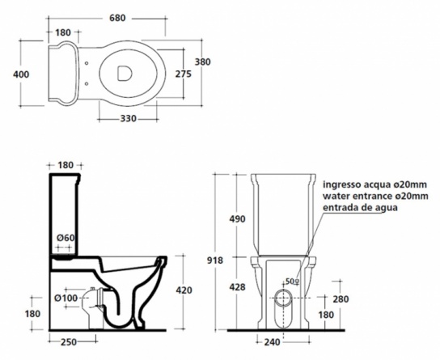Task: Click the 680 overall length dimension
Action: pyautogui.click(x=117, y=18)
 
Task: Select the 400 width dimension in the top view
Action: pyautogui.click(x=21, y=74)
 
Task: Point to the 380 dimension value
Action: pyautogui.click(x=202, y=61)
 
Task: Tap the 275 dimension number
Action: pyautogui.click(x=184, y=74)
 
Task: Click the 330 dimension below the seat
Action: pyautogui.click(x=129, y=119)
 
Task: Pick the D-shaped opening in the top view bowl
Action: pyautogui.click(x=124, y=74)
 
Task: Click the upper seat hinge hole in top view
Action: pyautogui.click(x=87, y=63)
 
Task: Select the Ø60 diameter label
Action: pyautogui.click(x=66, y=238)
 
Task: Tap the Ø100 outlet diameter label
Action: pyautogui.click(x=66, y=298)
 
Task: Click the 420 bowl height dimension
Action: pyautogui.click(x=184, y=290)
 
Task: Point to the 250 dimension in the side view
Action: pyautogui.click(x=69, y=341)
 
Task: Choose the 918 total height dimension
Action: pyautogui.click(x=215, y=260)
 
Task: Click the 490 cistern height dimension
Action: pyautogui.click(x=238, y=218)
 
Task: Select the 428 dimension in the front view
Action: pyautogui.click(x=238, y=287)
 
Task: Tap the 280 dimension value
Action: pyautogui.click(x=341, y=299)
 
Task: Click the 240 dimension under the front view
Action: pyautogui.click(x=273, y=341)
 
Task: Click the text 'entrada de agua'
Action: pyautogui.click(x=360, y=208)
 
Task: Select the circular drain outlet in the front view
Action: pyautogui.click(x=283, y=298)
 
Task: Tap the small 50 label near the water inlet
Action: pyautogui.click(x=290, y=281)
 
